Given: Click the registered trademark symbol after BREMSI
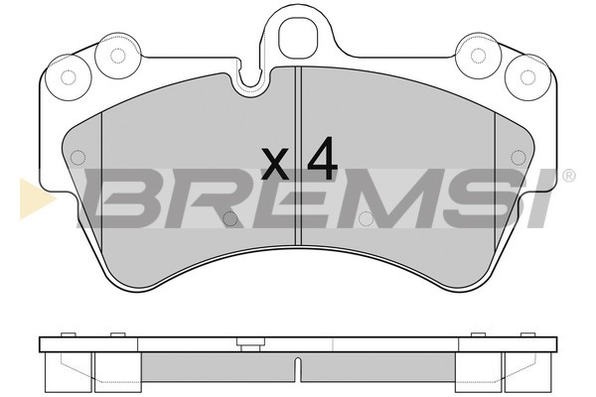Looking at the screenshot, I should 567,177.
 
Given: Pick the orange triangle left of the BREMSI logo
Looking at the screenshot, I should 35,198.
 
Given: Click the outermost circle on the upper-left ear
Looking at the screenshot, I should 68,76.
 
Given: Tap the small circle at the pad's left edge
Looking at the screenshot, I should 77,155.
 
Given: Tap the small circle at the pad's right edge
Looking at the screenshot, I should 518,155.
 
